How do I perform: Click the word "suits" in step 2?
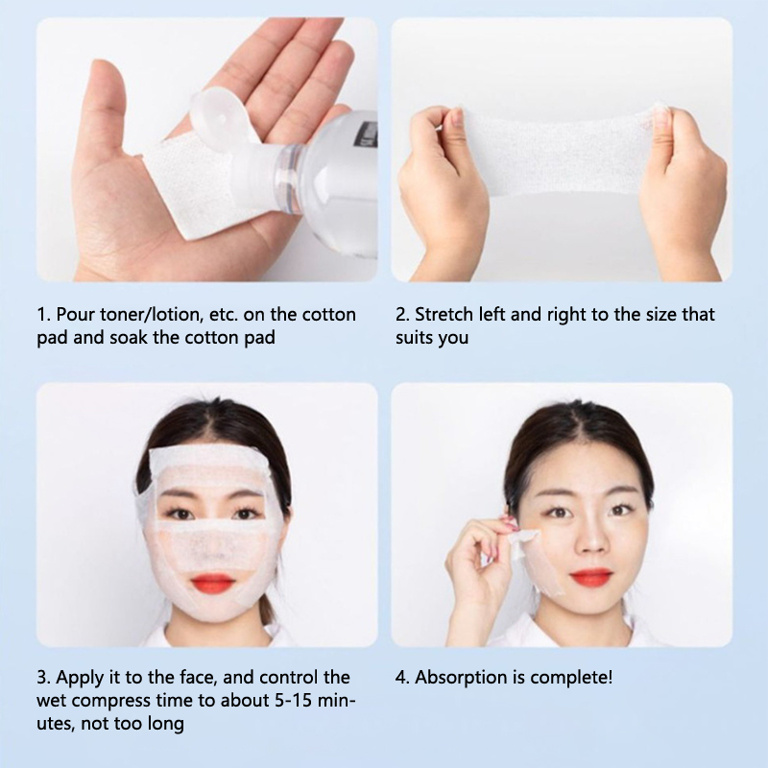pyautogui.click(x=412, y=338)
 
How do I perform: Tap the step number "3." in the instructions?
pyautogui.click(x=44, y=678)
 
